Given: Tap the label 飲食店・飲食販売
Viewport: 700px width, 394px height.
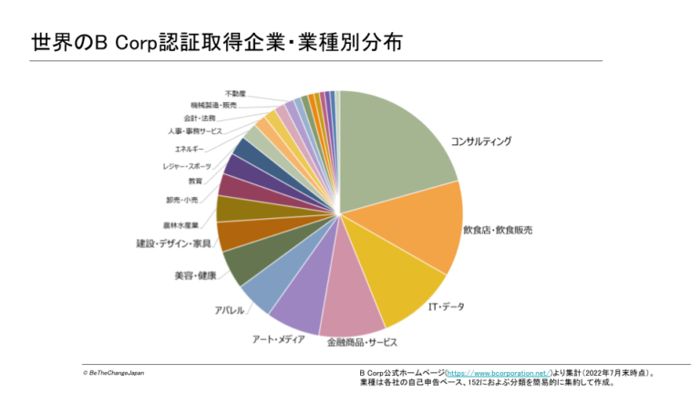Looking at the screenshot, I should [x=498, y=230].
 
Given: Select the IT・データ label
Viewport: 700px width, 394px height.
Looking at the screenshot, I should [x=446, y=306].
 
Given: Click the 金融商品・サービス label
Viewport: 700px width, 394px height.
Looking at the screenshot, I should [x=363, y=343].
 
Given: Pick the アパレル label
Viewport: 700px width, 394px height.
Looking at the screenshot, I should [x=229, y=310].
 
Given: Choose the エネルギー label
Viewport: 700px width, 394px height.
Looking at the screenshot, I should [x=190, y=148].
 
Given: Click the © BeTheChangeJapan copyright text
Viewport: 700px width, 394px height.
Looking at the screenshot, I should [x=113, y=373].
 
